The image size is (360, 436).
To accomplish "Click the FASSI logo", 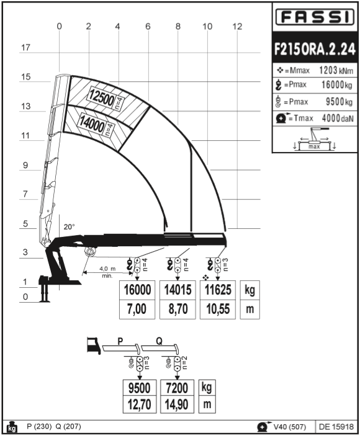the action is tap(315, 17).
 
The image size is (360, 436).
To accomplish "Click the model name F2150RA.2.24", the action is tap(315, 49).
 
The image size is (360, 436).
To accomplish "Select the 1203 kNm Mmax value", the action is tap(336, 70).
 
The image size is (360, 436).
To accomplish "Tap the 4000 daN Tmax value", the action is tap(338, 118).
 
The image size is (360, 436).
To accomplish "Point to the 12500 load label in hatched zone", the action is tap(102, 97).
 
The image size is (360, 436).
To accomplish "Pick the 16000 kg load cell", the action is tap(137, 290).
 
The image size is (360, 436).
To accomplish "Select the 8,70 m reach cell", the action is tap(178, 309).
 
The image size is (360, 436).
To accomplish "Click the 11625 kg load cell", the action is tap(218, 290).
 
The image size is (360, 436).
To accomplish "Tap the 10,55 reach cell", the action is tap(218, 309).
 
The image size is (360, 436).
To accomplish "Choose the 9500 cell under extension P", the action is tap(140, 388).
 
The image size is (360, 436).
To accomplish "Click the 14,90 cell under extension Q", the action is tap(177, 404).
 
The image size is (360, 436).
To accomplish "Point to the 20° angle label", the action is tap(70, 227).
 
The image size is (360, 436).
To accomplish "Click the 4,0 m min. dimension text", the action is tap(107, 272).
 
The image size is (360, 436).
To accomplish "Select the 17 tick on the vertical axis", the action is tap(25, 48).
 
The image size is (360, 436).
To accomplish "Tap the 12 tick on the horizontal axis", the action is tap(237, 27).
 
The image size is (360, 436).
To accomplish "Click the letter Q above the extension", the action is tap(159, 341).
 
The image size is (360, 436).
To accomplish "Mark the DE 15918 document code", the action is tap(336, 427).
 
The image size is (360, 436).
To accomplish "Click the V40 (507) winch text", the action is tap(290, 427).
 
